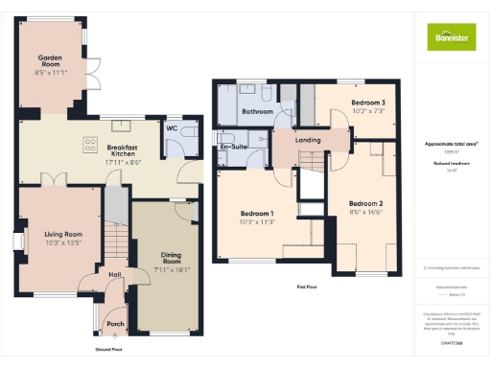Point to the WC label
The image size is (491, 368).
[173, 127]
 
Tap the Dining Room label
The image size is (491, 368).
[172, 256]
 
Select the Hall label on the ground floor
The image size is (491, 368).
[114, 275]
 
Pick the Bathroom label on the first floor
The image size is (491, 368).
[256, 112]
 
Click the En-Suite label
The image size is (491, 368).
[233, 147]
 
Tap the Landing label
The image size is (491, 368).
[309, 142]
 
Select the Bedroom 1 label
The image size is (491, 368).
[257, 214]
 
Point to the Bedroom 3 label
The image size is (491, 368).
[367, 103]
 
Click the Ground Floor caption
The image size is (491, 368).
[107, 349]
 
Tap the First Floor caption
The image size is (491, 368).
[308, 287]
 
